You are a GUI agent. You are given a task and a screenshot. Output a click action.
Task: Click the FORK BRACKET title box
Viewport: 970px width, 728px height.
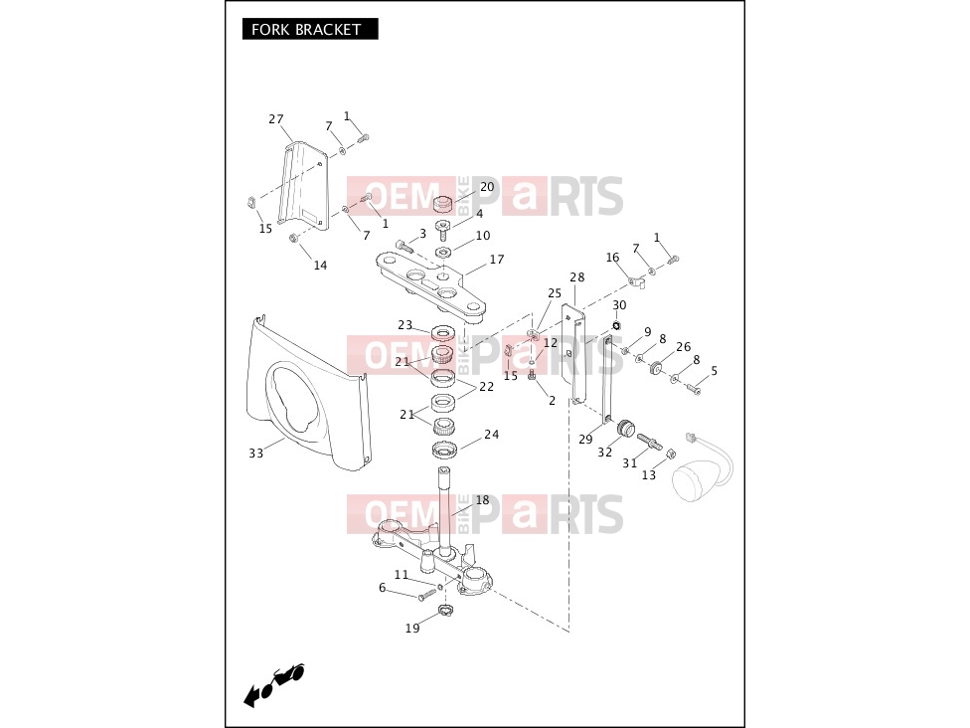310,29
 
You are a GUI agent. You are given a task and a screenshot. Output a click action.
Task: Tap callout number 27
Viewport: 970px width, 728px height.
276,119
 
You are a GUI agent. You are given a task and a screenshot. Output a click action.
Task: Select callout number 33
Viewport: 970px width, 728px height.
256,454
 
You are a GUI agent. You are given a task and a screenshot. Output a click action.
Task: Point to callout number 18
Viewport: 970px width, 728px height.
483,499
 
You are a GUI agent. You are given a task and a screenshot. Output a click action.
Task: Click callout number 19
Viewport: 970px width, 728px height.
412,628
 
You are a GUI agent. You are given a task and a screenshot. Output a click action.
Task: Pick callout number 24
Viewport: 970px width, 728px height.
492,434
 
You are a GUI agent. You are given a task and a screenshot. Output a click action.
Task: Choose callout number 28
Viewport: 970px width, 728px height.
577,276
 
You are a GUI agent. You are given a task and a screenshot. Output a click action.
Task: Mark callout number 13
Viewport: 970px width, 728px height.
648,474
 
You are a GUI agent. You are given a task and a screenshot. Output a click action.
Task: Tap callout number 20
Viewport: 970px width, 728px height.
487,186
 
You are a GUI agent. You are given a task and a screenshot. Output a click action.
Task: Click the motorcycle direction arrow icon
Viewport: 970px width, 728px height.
273,684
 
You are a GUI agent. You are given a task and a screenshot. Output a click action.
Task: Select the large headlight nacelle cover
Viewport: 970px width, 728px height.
308,393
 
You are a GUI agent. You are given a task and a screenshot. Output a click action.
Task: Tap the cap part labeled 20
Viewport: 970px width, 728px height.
443,203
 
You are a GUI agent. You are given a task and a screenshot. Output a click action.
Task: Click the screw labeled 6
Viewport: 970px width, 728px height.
427,595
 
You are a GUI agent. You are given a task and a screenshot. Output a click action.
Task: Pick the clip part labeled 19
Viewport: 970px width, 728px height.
446,611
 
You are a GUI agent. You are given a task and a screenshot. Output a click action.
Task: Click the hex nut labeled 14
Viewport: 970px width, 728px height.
294,239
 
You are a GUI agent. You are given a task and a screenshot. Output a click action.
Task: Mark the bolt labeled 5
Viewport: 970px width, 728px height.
693,388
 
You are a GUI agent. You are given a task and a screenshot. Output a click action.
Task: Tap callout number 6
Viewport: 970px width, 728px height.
383,588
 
